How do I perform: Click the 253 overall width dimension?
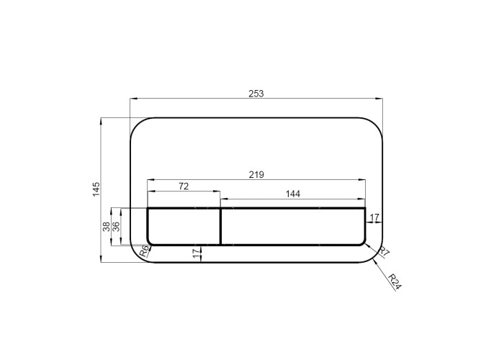256,94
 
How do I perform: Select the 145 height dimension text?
96,189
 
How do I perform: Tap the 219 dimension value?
256,174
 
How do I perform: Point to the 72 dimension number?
184,186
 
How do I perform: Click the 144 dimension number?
293,194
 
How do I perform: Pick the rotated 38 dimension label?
107,227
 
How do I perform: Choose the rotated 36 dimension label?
116,227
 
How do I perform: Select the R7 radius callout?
384,252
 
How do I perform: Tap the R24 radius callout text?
395,282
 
